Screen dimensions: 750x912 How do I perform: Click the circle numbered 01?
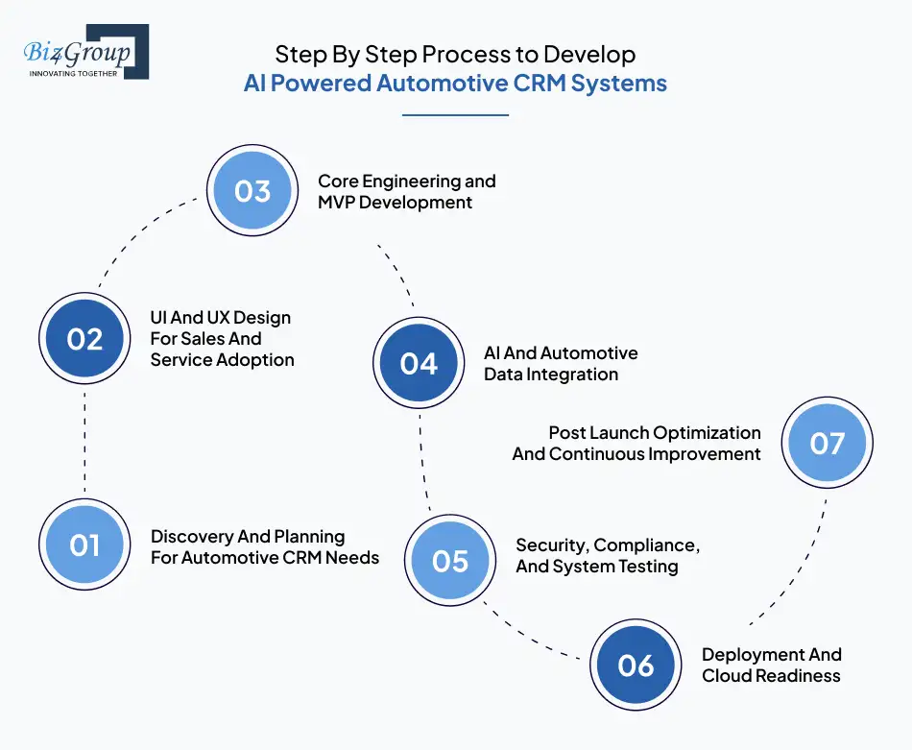pyautogui.click(x=84, y=545)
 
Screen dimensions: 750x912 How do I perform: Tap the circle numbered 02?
pyautogui.click(x=84, y=339)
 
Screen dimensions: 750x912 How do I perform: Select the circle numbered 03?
pyautogui.click(x=252, y=191)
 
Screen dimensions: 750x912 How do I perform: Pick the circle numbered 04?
pyautogui.click(x=419, y=364)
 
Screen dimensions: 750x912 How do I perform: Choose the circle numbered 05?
pyautogui.click(x=449, y=561)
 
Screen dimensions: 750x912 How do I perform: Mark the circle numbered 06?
pyautogui.click(x=636, y=665)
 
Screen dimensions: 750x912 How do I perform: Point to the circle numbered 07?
pyautogui.click(x=827, y=444)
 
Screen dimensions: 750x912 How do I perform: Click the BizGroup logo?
pyautogui.click(x=84, y=51)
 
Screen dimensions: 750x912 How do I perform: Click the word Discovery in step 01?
pyautogui.click(x=190, y=537)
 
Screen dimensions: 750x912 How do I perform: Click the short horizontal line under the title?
pyautogui.click(x=455, y=115)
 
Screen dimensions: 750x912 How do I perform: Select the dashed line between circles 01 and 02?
pyautogui.click(x=84, y=443)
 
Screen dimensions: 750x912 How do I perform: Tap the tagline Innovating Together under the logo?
pyautogui.click(x=74, y=72)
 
